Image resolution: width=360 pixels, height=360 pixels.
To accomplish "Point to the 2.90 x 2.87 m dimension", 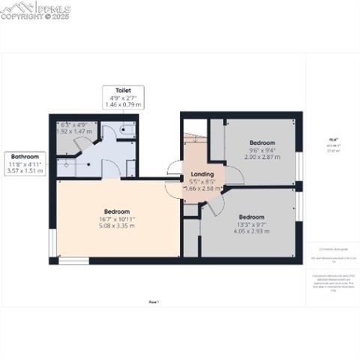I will tap(262, 157).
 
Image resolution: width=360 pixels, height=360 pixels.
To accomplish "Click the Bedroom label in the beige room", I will tap(117, 211).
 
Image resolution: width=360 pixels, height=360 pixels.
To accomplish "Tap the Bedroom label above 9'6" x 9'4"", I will tap(262, 142).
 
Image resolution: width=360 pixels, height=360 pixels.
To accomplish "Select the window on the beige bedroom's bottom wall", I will tap(73, 261).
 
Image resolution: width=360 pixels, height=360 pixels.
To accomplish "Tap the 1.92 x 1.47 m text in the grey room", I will tap(74, 131).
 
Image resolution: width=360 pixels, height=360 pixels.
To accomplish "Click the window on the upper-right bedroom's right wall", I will tap(299, 166).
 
